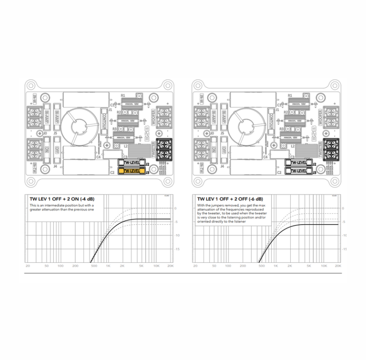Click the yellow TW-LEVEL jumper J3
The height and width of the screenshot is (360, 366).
[x=132, y=171]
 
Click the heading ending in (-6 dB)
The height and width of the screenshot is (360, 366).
[x=230, y=198]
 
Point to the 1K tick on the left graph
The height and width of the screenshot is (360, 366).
[x=108, y=266]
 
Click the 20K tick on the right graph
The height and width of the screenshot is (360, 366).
[x=338, y=266]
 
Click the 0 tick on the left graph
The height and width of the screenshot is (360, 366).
[x=175, y=208]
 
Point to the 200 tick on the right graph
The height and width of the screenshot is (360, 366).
[x=243, y=266]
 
